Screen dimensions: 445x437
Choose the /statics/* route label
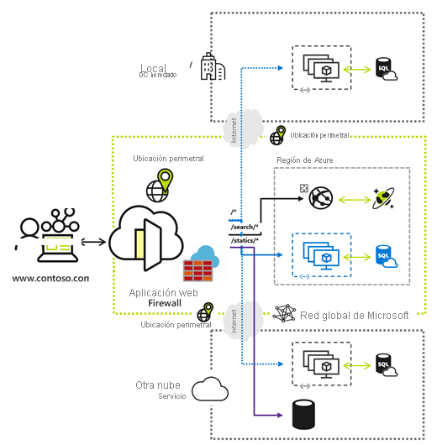[246, 242]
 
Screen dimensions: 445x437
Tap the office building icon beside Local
[213, 67]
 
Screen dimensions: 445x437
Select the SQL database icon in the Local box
[386, 67]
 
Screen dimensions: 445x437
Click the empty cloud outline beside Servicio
[210, 390]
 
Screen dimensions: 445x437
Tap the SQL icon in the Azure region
[386, 254]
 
